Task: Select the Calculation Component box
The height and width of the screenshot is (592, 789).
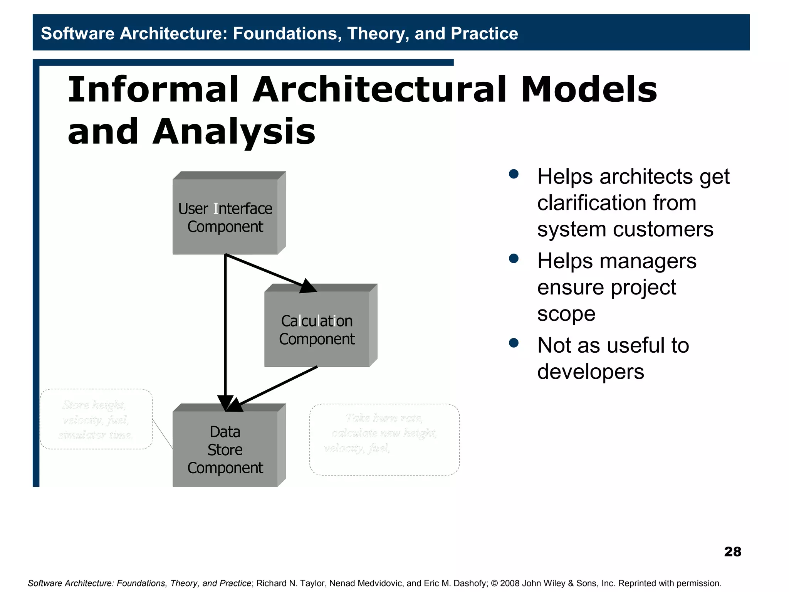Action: (x=317, y=330)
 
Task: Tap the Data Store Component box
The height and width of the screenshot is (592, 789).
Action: (x=225, y=449)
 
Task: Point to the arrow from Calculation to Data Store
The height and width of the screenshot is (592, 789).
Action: (x=277, y=385)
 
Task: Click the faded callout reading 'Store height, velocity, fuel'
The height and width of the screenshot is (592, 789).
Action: (x=96, y=419)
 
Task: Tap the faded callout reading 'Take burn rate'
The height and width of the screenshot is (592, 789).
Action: (x=384, y=439)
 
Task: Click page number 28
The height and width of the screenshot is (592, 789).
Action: (x=732, y=552)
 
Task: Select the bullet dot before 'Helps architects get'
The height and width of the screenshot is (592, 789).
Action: (x=514, y=174)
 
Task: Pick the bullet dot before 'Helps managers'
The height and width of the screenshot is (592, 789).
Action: (x=514, y=258)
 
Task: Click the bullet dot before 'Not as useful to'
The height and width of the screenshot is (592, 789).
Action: (x=514, y=343)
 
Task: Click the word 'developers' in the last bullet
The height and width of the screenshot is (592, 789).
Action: (x=590, y=372)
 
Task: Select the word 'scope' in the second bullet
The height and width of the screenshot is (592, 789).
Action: (x=566, y=314)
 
